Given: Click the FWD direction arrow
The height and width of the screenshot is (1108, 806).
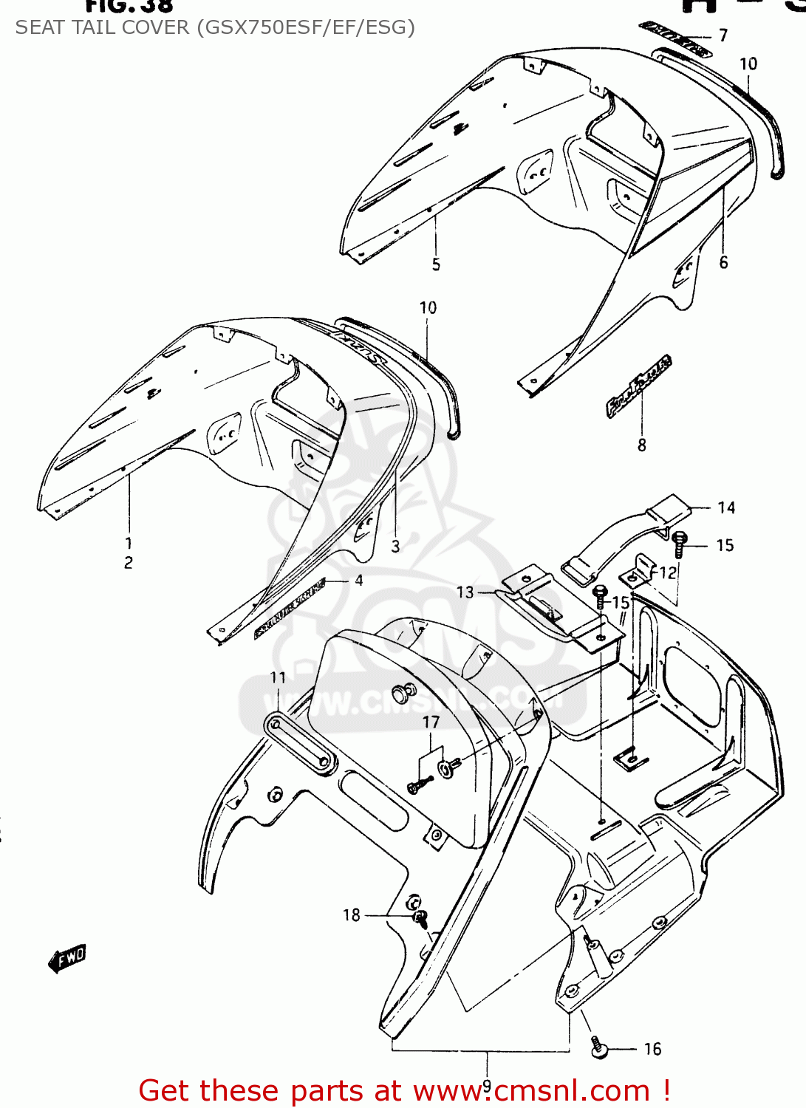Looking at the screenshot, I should tap(67, 958).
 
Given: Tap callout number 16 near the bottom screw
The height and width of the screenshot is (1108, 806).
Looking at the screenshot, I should tap(652, 1049).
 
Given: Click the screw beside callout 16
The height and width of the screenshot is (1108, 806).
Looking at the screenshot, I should tap(598, 1047).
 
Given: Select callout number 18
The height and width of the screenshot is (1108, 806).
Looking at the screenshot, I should tap(352, 915).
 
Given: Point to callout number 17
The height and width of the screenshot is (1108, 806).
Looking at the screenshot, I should tap(431, 722).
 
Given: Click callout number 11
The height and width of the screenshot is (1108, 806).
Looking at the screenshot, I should tap(278, 677).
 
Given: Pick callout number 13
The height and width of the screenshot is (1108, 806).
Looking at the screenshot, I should tap(465, 592).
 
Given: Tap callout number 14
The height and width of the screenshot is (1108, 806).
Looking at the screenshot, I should tap(726, 507).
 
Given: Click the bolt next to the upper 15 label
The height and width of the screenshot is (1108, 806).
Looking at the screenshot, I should tap(680, 544).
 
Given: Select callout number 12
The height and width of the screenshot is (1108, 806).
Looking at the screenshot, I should tap(667, 572).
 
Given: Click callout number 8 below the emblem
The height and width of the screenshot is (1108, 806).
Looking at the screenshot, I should tap(641, 445).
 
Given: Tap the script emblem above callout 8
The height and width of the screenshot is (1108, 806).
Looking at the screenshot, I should tap(639, 386).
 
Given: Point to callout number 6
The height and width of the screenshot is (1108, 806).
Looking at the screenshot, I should tap(723, 262).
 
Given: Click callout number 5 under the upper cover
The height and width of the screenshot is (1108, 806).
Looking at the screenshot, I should tap(436, 264).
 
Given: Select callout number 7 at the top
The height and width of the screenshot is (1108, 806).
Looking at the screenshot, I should tap(723, 35).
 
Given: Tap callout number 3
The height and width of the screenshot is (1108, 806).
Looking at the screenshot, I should tap(395, 546).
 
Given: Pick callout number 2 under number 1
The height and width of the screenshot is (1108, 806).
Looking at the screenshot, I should tap(129, 563).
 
